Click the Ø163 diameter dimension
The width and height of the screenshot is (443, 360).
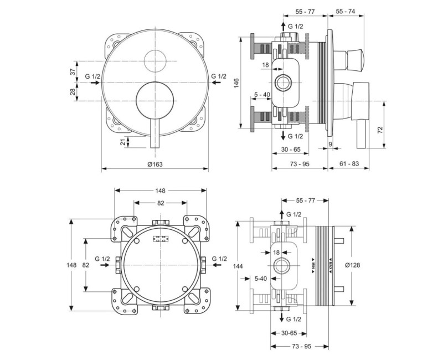(x=155, y=164)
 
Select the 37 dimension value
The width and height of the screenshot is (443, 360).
(x=72, y=72)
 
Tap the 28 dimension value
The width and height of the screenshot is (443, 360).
(x=72, y=91)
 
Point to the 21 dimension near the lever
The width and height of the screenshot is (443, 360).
(x=123, y=142)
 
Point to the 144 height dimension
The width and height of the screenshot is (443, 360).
(x=238, y=266)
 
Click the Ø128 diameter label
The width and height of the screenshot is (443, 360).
(x=352, y=265)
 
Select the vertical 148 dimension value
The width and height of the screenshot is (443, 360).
(x=71, y=265)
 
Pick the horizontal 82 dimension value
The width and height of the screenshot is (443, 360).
(x=160, y=203)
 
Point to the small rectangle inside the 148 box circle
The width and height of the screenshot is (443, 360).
(x=160, y=240)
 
